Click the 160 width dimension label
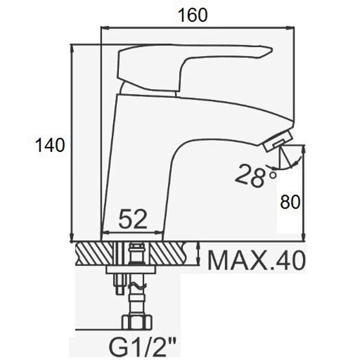193,15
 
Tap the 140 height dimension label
50,145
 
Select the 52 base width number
133,219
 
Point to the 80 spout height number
290,202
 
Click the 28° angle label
255,175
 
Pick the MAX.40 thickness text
256,261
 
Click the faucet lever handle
195,67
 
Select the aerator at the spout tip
278,141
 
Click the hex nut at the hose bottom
137,322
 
